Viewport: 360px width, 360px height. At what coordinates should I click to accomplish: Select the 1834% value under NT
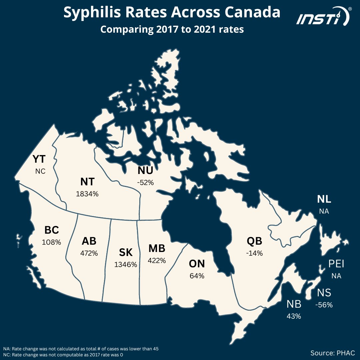88,193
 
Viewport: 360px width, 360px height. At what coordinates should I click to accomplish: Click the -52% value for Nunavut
145,182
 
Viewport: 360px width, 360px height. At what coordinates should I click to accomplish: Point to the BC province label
52,230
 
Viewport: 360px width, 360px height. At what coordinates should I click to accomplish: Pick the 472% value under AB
89,253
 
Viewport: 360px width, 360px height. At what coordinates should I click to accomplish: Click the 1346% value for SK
126,265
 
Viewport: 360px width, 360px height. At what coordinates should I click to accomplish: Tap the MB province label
157,249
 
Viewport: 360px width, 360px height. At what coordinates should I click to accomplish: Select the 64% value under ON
197,276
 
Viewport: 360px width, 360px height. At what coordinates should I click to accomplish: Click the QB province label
255,241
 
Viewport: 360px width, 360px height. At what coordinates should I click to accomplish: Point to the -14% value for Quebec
255,253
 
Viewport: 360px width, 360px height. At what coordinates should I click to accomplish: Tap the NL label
324,200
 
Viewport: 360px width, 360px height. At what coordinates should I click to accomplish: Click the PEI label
336,264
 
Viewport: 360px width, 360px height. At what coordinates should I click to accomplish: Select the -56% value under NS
324,305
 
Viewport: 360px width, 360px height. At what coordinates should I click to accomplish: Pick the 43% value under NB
294,316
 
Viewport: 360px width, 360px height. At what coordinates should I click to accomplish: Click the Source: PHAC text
332,353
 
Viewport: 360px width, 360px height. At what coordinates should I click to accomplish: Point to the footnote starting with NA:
81,349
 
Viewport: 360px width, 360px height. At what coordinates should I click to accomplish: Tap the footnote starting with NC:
63,355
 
